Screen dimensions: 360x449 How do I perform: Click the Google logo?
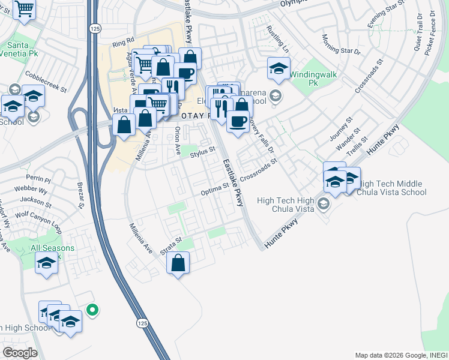[20, 353]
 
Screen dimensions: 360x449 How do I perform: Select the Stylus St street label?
[202, 152]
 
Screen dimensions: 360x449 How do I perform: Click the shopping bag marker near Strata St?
[178, 263]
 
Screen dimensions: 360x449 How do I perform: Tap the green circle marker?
[92, 310]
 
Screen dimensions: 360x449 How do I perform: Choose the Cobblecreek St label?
[46, 81]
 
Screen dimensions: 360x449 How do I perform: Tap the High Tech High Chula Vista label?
[285, 205]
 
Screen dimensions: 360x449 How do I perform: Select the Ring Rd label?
[122, 44]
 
